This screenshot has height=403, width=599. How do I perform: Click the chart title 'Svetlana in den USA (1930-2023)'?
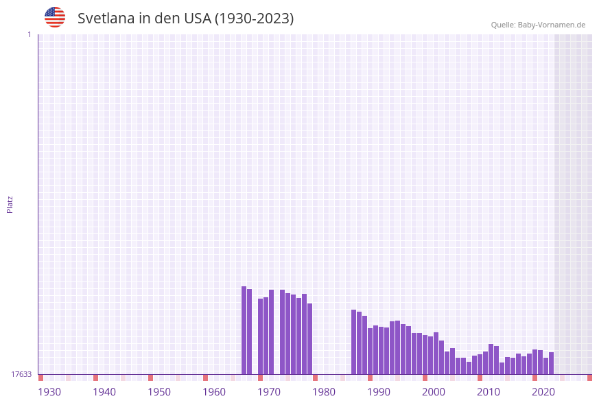click(185, 19)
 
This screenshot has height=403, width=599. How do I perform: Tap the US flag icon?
click(55, 17)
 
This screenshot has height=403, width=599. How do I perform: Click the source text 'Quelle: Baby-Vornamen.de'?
click(538, 25)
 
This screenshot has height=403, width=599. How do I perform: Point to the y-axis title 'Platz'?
click(10, 204)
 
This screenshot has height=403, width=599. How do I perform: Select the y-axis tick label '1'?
click(29, 34)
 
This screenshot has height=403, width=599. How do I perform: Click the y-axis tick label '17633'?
click(21, 374)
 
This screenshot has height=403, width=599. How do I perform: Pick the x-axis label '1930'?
click(49, 392)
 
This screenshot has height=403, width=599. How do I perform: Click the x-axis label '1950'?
click(159, 392)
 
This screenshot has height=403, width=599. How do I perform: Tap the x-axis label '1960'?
click(214, 392)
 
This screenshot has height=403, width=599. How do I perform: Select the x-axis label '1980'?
click(324, 392)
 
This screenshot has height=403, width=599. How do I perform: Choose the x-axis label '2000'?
click(434, 392)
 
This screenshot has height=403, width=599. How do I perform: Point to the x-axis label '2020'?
click(543, 392)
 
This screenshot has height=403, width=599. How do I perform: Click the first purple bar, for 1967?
click(244, 330)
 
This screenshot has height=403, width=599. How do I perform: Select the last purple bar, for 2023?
click(551, 363)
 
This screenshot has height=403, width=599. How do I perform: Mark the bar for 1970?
click(261, 336)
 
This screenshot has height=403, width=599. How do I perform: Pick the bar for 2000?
click(425, 355)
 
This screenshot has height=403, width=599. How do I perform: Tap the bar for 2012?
click(491, 359)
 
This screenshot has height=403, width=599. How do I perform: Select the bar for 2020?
click(535, 362)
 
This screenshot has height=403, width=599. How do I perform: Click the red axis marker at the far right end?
click(589, 378)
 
